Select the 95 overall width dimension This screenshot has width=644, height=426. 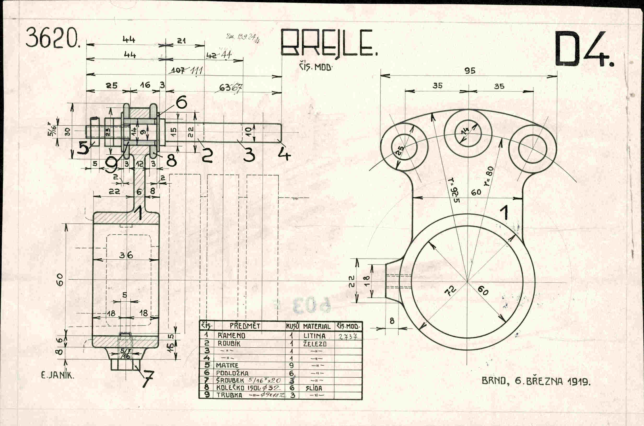click(470, 71)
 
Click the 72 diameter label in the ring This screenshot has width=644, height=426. click(450, 291)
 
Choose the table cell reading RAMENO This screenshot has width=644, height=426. click(231, 336)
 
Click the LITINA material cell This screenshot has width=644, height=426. click(314, 336)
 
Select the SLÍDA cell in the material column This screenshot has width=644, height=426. click(314, 388)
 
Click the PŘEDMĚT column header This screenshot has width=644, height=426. click(245, 326)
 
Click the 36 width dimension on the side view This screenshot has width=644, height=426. click(126, 255)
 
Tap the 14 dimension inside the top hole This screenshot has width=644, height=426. click(465, 131)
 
